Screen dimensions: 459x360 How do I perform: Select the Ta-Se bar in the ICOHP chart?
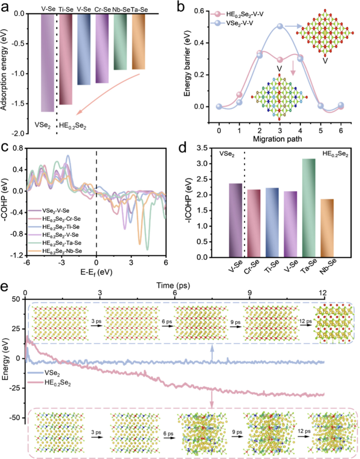[x=309, y=208]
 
